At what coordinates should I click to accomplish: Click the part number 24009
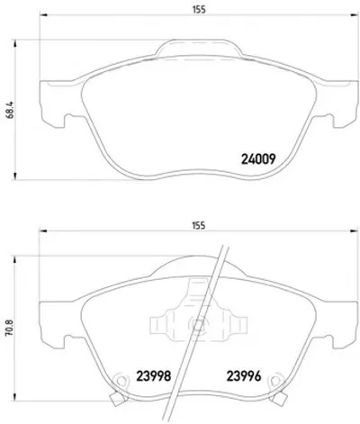pyautogui.click(x=258, y=159)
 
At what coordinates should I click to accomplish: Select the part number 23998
pyautogui.click(x=154, y=375)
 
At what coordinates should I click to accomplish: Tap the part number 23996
pyautogui.click(x=244, y=375)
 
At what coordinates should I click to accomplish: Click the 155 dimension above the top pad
pyautogui.click(x=199, y=10)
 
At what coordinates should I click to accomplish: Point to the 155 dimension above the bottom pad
pyautogui.click(x=199, y=225)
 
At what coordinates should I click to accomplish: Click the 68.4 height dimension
pyautogui.click(x=9, y=110)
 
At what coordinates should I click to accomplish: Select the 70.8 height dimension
pyautogui.click(x=9, y=327)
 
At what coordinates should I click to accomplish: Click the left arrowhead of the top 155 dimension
pyautogui.click(x=43, y=14)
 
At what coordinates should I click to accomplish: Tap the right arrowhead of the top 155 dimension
pyautogui.click(x=355, y=14)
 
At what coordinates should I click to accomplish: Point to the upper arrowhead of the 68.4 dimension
pyautogui.click(x=14, y=43)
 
